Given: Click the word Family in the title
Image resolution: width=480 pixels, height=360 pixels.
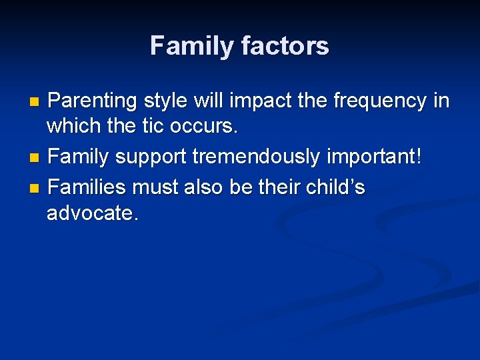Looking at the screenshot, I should point(189,45).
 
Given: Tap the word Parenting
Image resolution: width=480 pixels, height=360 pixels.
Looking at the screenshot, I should point(93,101).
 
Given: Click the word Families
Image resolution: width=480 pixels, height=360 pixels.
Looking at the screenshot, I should point(88,188).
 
